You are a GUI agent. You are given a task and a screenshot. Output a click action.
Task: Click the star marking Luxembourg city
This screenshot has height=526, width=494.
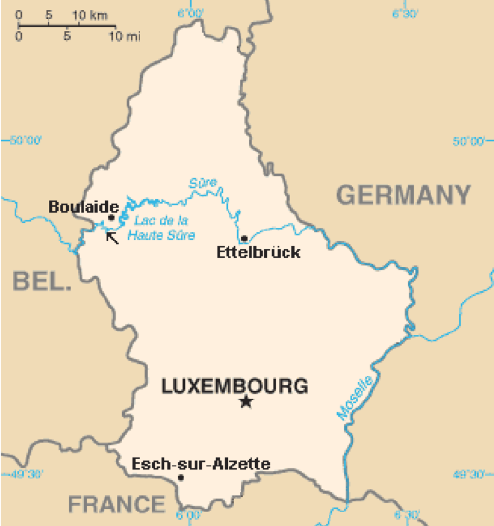coord(246,402)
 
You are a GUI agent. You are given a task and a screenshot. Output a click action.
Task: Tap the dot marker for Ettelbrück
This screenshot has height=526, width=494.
coord(245,238)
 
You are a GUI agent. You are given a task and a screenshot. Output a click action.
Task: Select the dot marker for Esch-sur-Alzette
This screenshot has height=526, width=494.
coord(181,478)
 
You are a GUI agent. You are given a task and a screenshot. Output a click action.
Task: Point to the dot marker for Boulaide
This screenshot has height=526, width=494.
coord(111,218)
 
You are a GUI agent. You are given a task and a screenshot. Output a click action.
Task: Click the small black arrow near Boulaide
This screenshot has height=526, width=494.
coord(112,237)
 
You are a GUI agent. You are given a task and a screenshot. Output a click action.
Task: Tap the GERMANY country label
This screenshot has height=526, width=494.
coord(404,195)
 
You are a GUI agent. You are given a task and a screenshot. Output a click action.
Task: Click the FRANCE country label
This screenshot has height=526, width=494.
coord(117,504)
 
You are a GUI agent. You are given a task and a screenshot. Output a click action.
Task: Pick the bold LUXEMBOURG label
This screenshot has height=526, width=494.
coord(235,386)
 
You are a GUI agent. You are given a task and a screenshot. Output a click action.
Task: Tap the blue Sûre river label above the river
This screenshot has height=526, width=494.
coord(202,183)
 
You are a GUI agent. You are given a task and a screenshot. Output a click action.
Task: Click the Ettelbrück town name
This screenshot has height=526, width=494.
coord(259,252)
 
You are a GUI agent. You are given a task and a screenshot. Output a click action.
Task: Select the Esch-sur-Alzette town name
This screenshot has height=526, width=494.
coord(201,464)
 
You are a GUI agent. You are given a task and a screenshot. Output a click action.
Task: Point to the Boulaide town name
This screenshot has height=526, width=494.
coord(84,206)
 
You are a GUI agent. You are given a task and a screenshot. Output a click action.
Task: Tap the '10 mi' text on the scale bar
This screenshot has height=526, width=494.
coord(124,37)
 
